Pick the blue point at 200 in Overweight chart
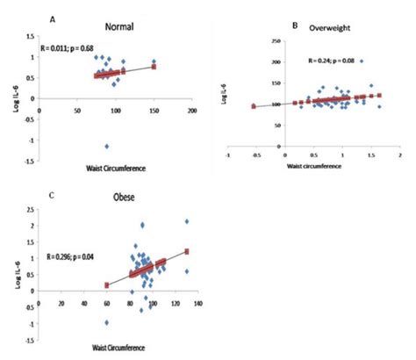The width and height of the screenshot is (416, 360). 361,61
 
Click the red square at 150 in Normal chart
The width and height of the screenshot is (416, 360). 154,66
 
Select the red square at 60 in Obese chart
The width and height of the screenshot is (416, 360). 107,284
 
